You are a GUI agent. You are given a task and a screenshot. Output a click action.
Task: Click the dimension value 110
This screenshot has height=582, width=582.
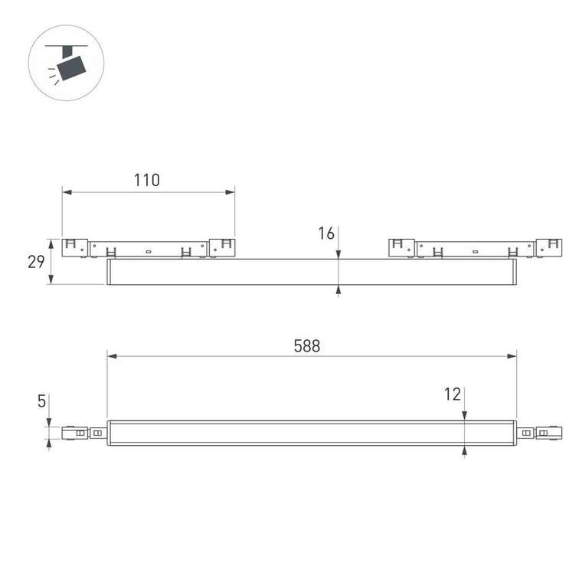pyautogui.click(x=146, y=181)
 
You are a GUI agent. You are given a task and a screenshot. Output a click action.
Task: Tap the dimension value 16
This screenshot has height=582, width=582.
pyautogui.click(x=327, y=234)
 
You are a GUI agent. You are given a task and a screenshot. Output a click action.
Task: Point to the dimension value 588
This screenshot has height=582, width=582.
pyautogui.click(x=307, y=345)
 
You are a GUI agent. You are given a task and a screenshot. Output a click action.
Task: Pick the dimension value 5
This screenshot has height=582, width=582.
pyautogui.click(x=41, y=401)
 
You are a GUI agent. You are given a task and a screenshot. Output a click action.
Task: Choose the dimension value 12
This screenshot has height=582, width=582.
pyautogui.click(x=453, y=394)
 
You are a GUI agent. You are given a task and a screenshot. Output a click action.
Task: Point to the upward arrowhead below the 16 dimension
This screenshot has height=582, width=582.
pyautogui.click(x=338, y=289)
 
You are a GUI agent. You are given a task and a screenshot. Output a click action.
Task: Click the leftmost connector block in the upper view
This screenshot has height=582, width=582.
pyautogui.click(x=74, y=247)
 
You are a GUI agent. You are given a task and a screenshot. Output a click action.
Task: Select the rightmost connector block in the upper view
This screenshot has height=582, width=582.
pyautogui.click(x=549, y=247)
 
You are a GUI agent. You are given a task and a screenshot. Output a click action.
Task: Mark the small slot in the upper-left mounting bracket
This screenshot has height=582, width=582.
pyautogui.click(x=149, y=250)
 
